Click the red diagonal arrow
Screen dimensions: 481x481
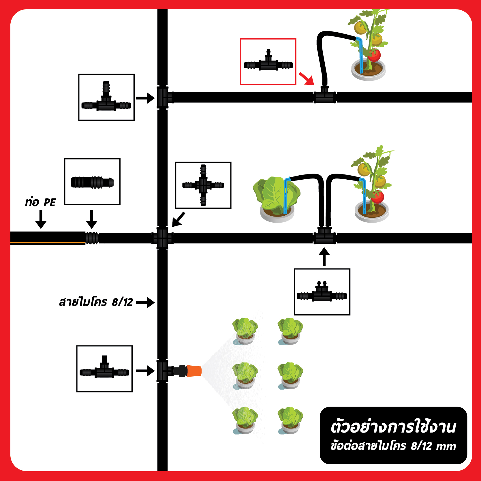click(x=306, y=78)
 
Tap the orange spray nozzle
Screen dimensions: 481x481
click(x=194, y=371)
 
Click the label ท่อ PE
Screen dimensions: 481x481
click(x=40, y=202)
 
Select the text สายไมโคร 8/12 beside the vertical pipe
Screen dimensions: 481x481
click(x=96, y=302)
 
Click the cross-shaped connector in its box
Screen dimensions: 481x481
click(x=203, y=185)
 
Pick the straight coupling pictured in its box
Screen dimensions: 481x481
click(x=92, y=182)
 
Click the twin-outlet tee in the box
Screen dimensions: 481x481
click(x=322, y=292)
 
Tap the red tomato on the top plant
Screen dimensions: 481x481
click(x=374, y=55)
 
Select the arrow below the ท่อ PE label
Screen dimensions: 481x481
click(x=41, y=219)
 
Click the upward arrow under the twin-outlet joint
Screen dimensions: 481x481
click(x=324, y=257)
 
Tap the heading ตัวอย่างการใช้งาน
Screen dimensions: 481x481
click(x=393, y=427)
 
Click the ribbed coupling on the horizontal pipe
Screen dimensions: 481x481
click(x=92, y=238)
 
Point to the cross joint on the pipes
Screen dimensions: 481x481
click(x=162, y=238)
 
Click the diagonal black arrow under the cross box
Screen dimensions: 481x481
click(x=179, y=219)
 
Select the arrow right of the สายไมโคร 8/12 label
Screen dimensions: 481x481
click(x=145, y=302)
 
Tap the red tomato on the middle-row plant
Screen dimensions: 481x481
click(x=377, y=197)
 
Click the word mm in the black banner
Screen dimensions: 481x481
click(x=446, y=447)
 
